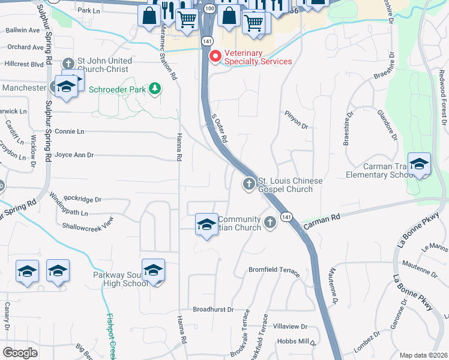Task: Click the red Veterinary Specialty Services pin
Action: click(x=214, y=55)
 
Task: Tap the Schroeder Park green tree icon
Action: click(x=155, y=89)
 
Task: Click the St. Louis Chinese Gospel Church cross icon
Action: click(x=249, y=184)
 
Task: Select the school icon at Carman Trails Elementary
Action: click(x=419, y=163)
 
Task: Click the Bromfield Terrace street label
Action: click(x=274, y=270)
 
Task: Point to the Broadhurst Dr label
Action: click(x=213, y=310)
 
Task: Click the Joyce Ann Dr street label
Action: click(x=74, y=155)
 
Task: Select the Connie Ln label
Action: click(x=69, y=131)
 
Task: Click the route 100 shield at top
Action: click(x=208, y=8)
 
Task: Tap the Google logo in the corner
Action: click(x=20, y=353)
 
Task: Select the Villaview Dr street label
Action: click(x=291, y=327)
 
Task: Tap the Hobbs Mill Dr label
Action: click(x=296, y=341)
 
